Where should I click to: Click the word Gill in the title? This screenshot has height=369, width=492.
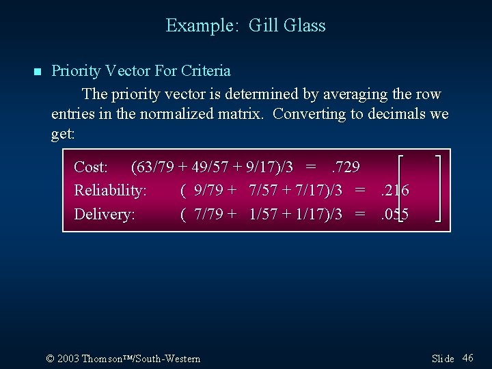(262, 26)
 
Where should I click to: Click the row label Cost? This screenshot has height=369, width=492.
(91, 167)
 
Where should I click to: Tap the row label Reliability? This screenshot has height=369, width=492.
(110, 190)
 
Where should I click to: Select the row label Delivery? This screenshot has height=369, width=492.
(104, 214)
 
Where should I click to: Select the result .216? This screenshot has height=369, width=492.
(394, 190)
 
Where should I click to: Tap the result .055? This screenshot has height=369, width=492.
(394, 214)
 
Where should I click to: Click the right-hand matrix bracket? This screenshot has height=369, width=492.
(437, 189)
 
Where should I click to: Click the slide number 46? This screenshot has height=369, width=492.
(468, 357)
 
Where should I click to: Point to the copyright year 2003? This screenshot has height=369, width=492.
(68, 358)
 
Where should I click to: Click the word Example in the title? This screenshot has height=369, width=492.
(200, 26)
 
